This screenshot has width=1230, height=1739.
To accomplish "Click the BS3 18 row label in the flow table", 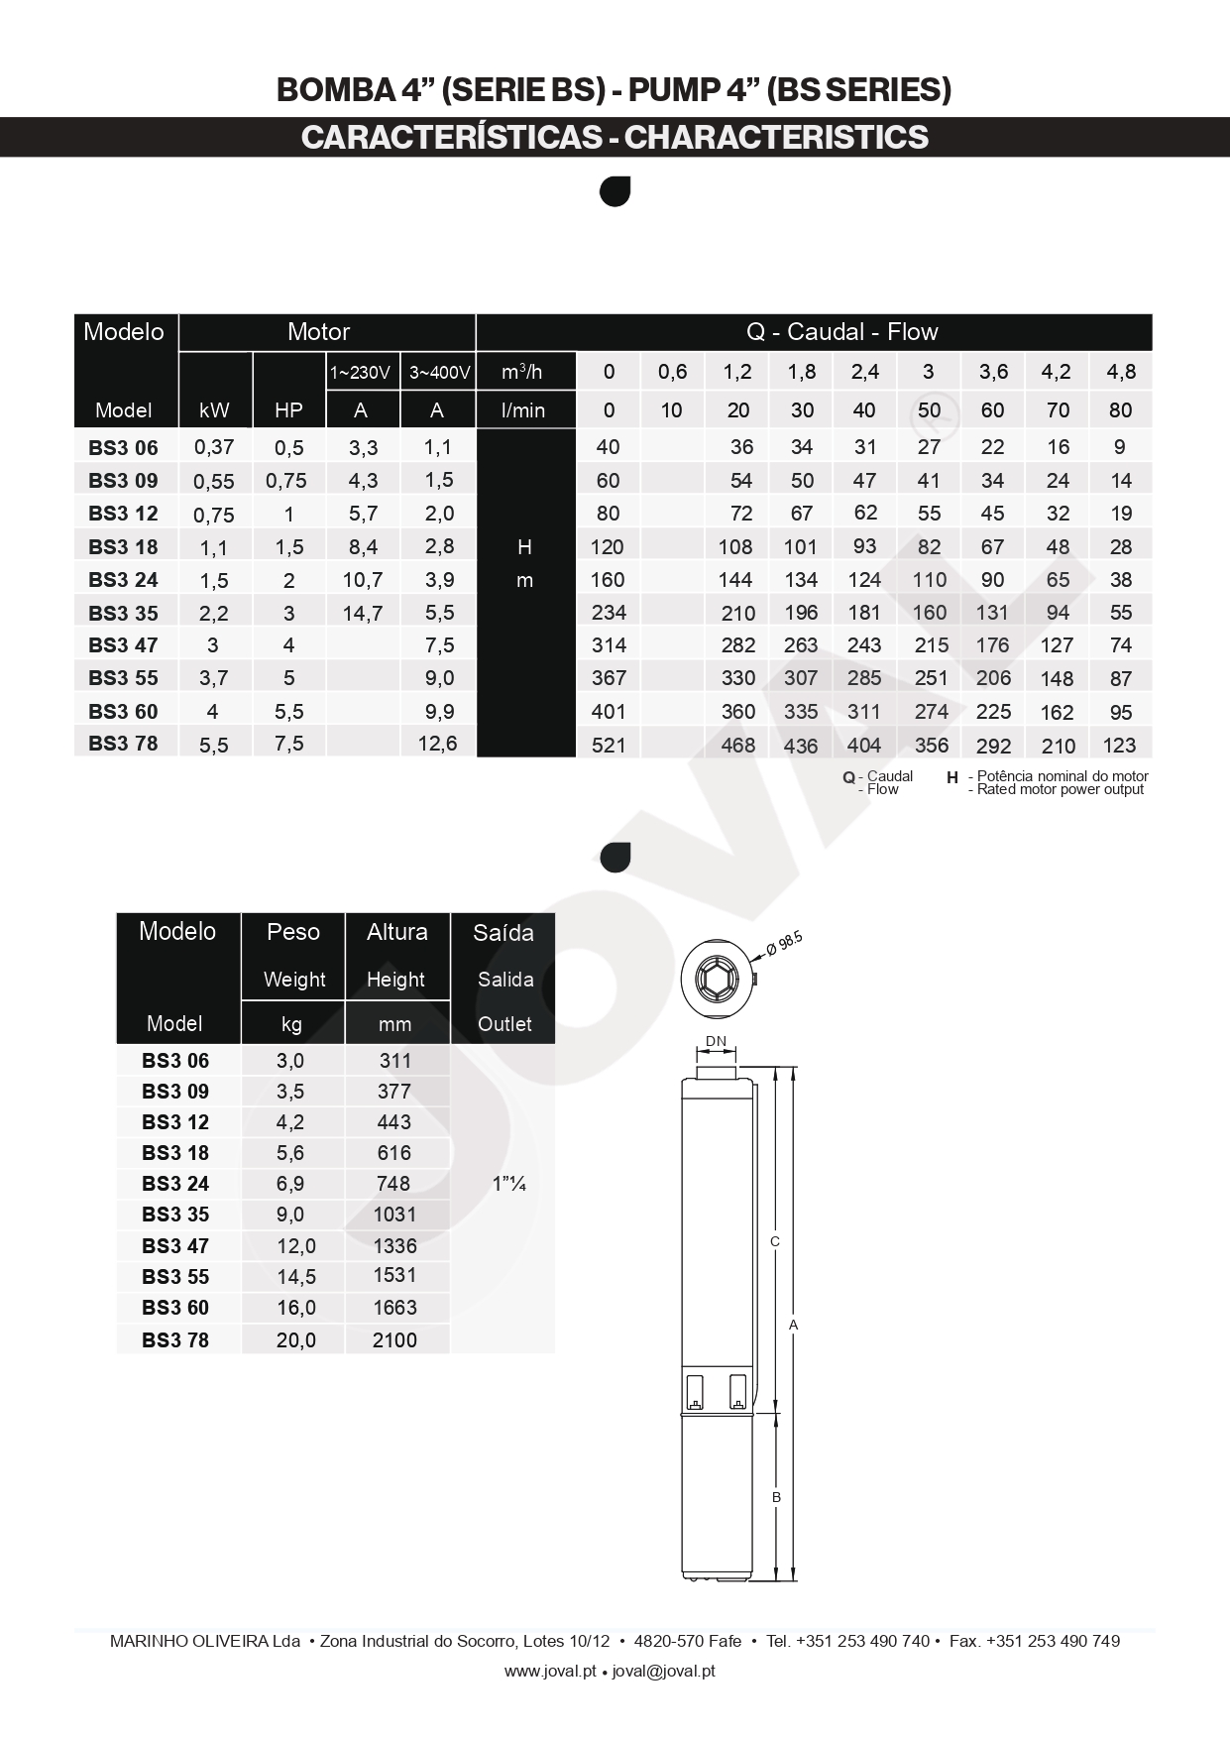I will [123, 546].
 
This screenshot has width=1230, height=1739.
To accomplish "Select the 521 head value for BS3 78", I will [608, 745].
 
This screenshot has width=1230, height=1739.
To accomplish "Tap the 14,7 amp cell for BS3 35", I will [363, 613].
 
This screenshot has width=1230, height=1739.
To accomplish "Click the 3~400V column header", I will [438, 373].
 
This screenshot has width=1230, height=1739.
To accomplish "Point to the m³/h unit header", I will [522, 372].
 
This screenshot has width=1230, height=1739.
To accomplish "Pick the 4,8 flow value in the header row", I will [1120, 372].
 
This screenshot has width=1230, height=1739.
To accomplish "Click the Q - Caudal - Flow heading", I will [841, 332].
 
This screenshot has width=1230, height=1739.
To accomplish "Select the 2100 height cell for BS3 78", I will [394, 1339].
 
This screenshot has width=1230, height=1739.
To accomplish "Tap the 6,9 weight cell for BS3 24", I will [290, 1184].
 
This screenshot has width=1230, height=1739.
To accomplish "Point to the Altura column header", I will [396, 932].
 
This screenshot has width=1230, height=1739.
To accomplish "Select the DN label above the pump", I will [716, 1041].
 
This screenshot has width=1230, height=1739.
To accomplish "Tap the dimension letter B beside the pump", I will [776, 1497].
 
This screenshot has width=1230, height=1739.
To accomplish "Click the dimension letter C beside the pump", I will [775, 1241].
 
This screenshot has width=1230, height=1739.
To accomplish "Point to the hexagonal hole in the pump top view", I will [717, 980].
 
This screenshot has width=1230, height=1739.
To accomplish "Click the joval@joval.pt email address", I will [663, 1671].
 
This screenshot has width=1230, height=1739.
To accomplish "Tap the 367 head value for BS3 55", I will [608, 678].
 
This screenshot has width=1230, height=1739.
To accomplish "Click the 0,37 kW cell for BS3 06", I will [214, 447].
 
